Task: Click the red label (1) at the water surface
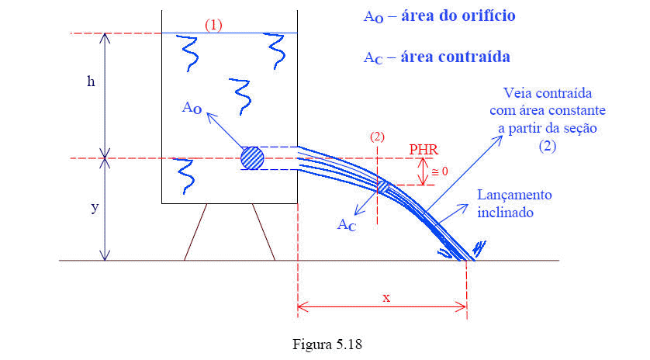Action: tap(213, 25)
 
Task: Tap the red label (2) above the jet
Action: tap(377, 137)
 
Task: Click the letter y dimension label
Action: tap(94, 208)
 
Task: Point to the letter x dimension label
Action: tap(386, 297)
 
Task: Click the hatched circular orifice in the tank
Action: tap(252, 157)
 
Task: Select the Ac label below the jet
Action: tap(347, 225)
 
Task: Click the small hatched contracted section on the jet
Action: tap(383, 187)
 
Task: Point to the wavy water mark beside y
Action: tap(184, 175)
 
